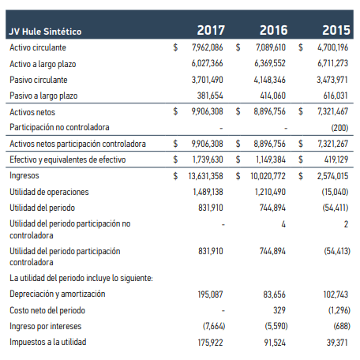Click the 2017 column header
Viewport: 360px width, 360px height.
[211, 30]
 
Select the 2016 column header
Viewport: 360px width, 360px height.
[273, 30]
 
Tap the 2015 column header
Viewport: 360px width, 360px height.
[336, 30]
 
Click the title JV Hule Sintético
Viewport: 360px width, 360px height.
[45, 32]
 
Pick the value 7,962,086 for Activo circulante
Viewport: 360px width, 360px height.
[208, 47]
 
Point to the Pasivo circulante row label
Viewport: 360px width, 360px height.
[39, 80]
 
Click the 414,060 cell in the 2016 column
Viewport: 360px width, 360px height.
[272, 96]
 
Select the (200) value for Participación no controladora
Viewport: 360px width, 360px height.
[339, 128]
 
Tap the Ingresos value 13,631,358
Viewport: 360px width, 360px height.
[205, 176]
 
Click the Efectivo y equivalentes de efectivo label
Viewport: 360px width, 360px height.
[68, 159]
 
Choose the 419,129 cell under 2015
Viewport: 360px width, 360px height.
[336, 159]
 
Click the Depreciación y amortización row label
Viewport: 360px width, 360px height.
[58, 294]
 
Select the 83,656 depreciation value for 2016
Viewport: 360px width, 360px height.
[274, 294]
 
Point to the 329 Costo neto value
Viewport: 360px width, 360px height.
[279, 310]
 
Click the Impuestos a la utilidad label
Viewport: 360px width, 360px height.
[48, 342]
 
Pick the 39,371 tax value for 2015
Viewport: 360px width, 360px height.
[337, 343]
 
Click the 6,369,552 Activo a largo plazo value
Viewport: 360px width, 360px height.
[270, 63]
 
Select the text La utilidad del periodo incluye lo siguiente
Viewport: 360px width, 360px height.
[81, 278]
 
